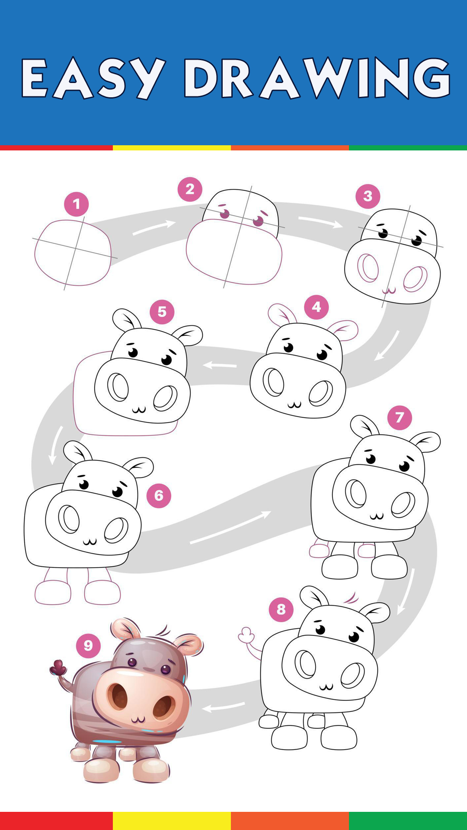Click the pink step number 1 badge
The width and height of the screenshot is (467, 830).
(x=77, y=204)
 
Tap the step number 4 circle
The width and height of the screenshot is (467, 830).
(x=317, y=307)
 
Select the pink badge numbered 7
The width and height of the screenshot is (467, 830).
(x=400, y=418)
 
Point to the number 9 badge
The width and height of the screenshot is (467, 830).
(x=88, y=645)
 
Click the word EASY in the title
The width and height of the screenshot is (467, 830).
(x=93, y=78)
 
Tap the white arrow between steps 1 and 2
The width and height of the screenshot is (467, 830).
(x=154, y=227)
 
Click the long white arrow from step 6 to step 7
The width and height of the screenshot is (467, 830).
(x=230, y=527)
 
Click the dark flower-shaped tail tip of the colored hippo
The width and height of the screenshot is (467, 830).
(x=58, y=668)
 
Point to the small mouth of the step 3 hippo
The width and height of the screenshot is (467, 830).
(x=389, y=290)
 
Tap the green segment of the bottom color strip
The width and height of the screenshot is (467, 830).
(x=408, y=821)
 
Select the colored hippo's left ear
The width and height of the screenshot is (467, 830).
(x=124, y=629)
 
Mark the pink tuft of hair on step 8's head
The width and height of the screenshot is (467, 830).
(x=351, y=598)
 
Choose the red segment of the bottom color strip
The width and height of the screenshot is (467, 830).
(x=56, y=821)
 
